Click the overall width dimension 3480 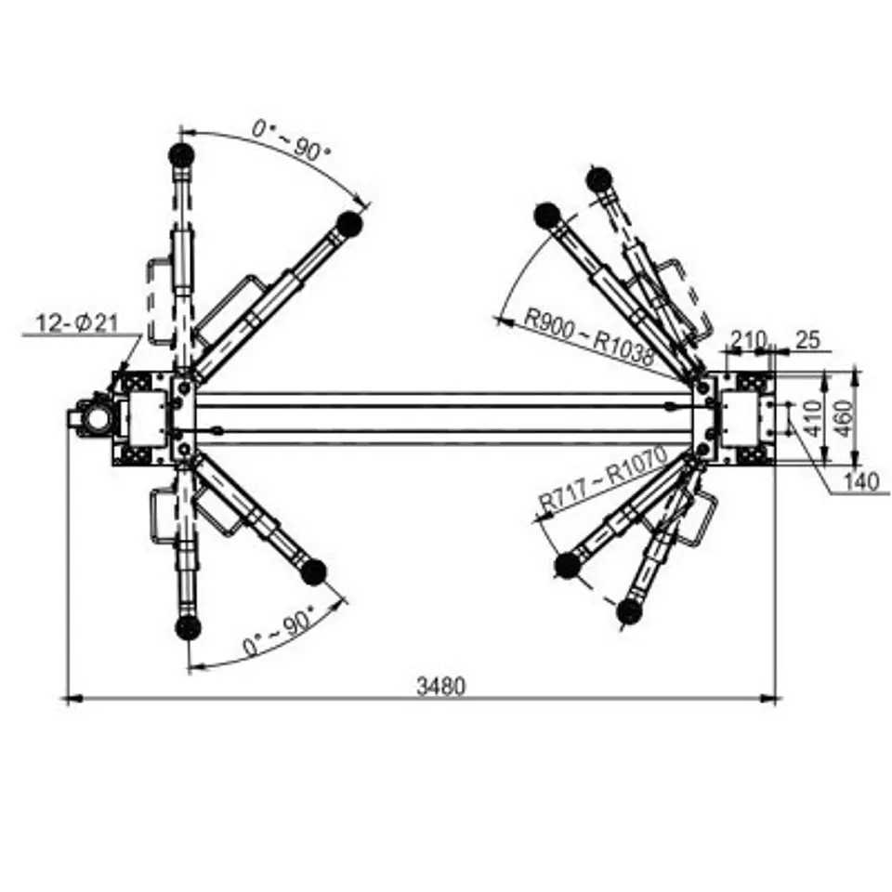(x=440, y=686)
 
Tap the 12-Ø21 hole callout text (x=77, y=323)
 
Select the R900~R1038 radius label (x=588, y=336)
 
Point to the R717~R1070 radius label (x=602, y=479)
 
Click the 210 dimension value (x=748, y=340)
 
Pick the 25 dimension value (x=807, y=340)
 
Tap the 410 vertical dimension (x=814, y=419)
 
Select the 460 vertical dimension (x=846, y=419)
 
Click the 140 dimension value (x=860, y=482)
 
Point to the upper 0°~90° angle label (x=291, y=139)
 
